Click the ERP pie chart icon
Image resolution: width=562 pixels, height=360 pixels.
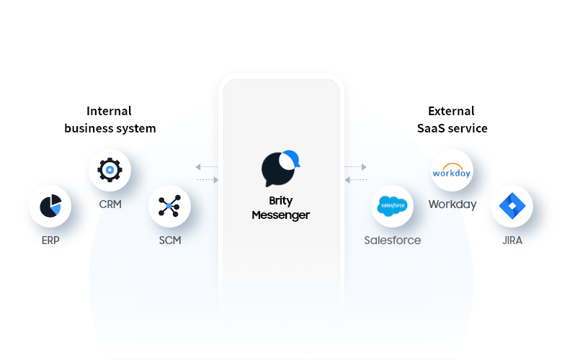50,207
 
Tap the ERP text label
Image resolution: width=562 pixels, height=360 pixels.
50,240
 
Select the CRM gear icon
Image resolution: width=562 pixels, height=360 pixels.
110,171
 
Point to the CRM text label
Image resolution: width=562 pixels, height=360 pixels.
110,204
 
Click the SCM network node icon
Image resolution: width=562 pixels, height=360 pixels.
169,207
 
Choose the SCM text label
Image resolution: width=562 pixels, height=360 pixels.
170,240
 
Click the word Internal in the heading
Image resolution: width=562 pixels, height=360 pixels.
110,111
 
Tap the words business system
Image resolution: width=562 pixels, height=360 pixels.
110,128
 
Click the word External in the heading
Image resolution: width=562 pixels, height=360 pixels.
451,111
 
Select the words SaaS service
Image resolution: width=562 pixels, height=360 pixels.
452,128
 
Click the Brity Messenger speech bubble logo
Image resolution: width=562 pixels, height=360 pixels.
279,168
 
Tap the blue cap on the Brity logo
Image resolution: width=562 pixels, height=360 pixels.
290,157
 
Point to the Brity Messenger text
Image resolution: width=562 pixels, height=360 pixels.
281,208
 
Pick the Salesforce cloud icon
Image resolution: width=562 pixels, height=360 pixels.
393,207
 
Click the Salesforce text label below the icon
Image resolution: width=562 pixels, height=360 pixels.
393,240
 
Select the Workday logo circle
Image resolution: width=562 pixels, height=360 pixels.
452,171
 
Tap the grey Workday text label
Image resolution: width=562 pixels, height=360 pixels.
452,204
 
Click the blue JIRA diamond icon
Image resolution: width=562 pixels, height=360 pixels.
512,207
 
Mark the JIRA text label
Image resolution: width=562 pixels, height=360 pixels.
512,240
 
